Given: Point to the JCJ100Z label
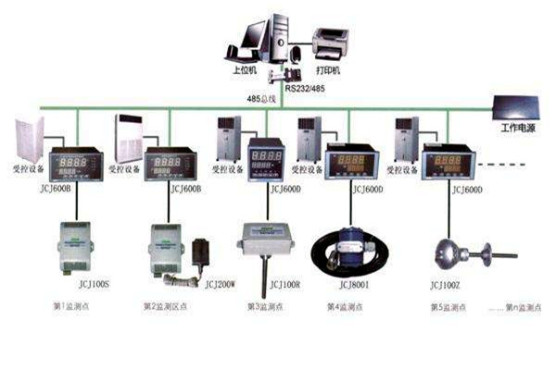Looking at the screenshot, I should (x=450, y=285).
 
